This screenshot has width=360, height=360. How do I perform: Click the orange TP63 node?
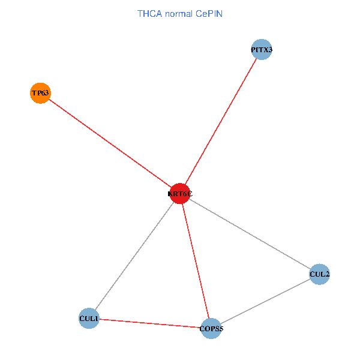40,93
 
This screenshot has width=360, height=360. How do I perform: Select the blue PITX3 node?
262,50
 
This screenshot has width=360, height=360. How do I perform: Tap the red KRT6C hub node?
180,193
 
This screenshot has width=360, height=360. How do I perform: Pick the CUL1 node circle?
89,318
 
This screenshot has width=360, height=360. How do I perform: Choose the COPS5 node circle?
211,328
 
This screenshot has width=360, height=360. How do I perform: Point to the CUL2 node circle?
320,274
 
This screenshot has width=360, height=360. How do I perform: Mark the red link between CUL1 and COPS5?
150,323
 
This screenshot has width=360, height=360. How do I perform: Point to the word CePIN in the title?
208,13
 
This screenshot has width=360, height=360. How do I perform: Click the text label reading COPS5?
211,329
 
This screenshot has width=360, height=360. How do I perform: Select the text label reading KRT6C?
180,194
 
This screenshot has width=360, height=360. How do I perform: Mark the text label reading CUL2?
320,275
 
